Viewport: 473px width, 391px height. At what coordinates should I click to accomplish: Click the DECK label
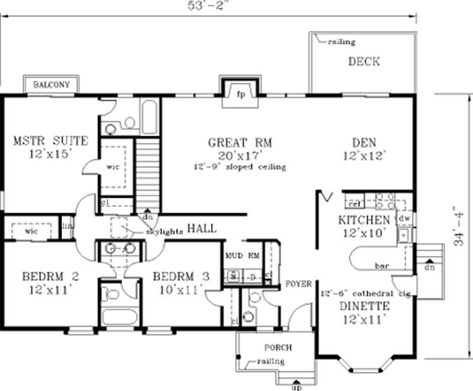click(x=364, y=62)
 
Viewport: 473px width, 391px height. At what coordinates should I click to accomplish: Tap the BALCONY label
click(x=51, y=85)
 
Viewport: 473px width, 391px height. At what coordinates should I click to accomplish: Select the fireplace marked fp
click(x=241, y=94)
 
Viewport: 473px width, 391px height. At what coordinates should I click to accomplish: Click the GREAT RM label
click(x=239, y=143)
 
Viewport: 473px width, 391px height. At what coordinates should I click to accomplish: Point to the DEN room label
click(x=364, y=143)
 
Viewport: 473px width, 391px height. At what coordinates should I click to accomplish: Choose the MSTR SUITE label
click(x=50, y=141)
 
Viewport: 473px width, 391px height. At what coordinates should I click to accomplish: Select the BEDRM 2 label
click(x=50, y=277)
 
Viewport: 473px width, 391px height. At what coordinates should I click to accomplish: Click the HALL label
click(x=202, y=229)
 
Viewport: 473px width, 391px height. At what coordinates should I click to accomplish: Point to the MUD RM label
click(x=242, y=256)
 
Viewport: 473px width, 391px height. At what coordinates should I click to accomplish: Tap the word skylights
click(x=164, y=232)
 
